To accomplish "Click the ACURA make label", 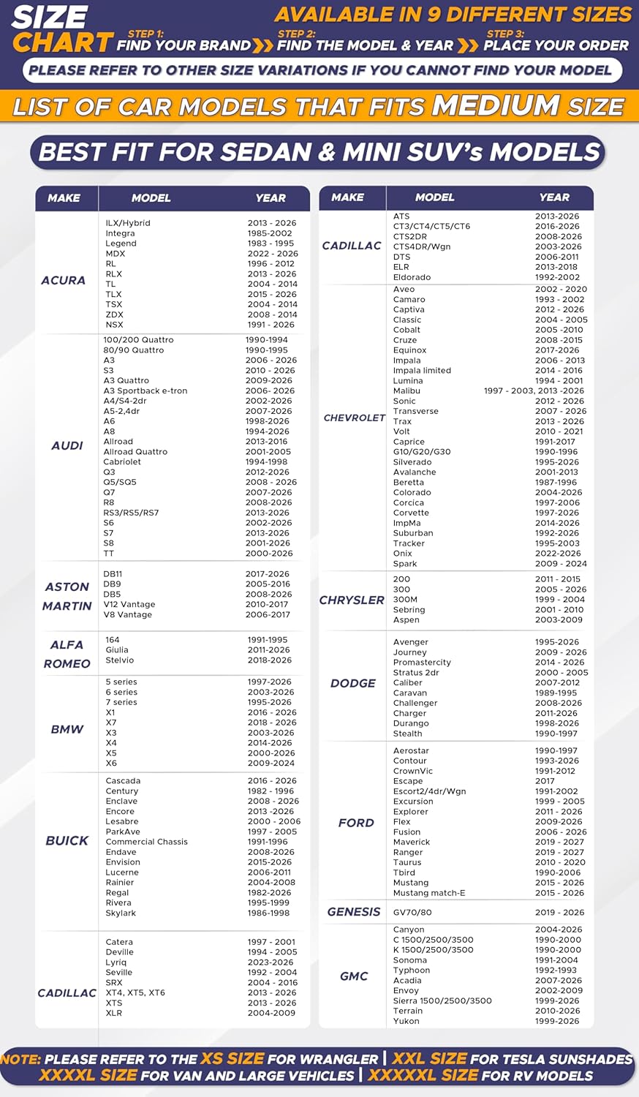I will (x=63, y=280).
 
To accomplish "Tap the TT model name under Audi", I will (x=109, y=554).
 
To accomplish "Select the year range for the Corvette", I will (x=557, y=513).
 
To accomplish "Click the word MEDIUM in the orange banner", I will (x=496, y=105).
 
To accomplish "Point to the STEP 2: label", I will (x=296, y=34).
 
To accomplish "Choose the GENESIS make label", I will (x=354, y=912).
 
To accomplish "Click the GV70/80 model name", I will (x=412, y=912).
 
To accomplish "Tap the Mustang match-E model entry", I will (x=429, y=893).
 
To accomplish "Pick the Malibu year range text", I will (x=534, y=391).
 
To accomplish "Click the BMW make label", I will (x=67, y=729).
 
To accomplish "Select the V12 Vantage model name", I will (x=129, y=604).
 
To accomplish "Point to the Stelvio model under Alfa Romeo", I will (x=120, y=660).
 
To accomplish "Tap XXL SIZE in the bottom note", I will (x=429, y=1058).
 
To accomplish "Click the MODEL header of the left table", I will (x=151, y=197).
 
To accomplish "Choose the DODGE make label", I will (x=353, y=683).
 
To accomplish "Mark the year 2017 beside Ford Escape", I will (x=545, y=781).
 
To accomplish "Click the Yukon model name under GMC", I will (x=407, y=1021).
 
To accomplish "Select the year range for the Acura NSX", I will (x=271, y=325).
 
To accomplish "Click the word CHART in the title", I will (x=63, y=42).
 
